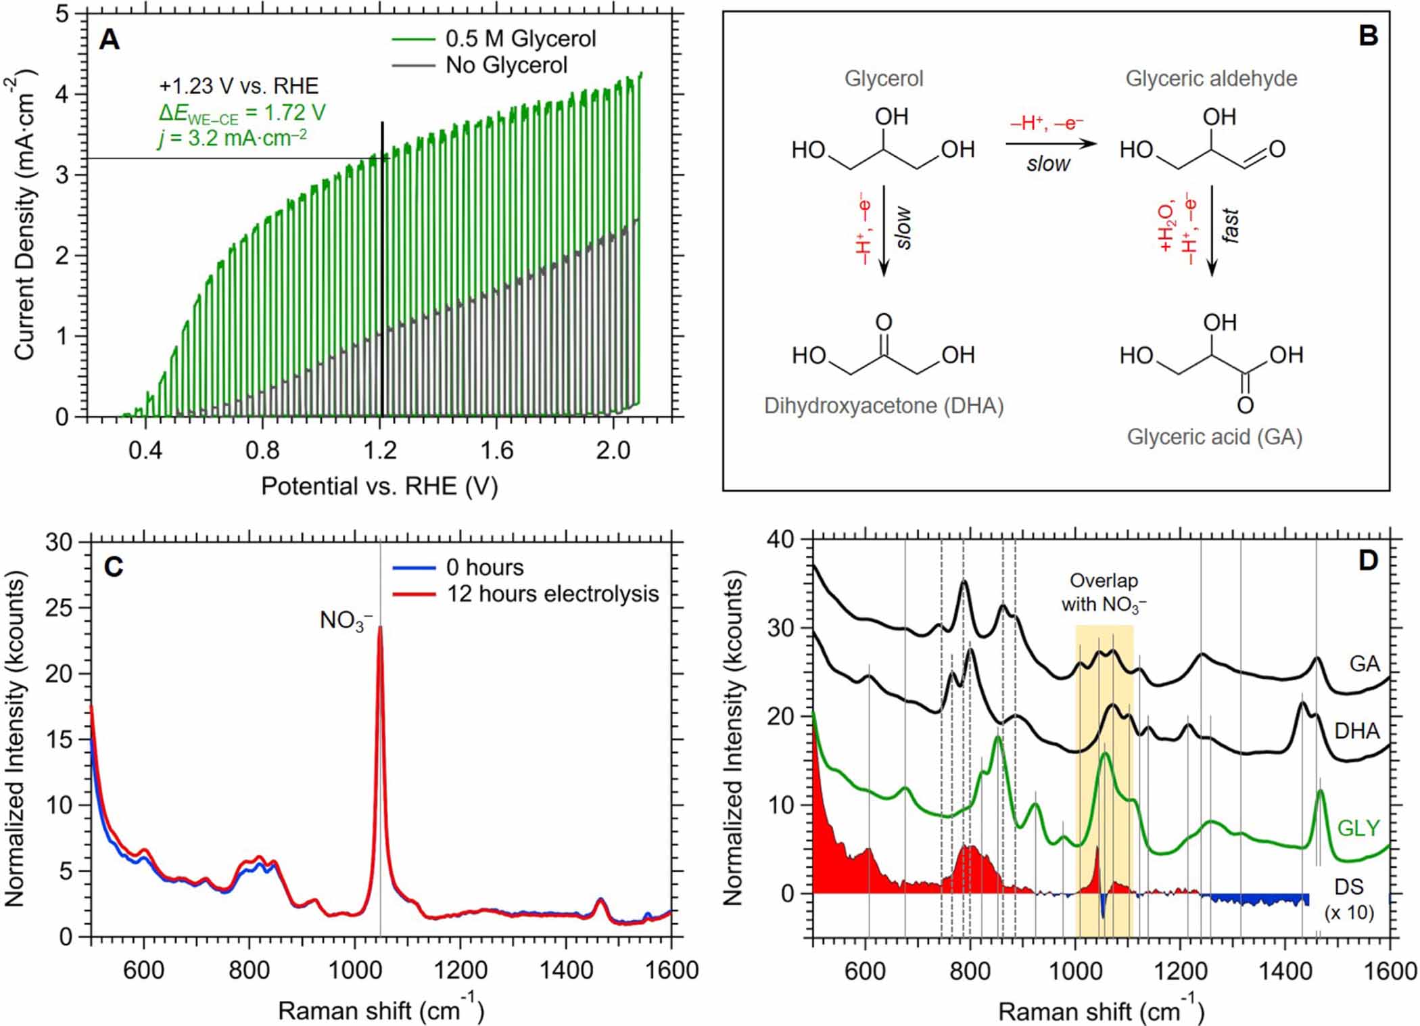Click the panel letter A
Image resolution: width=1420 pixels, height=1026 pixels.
109,40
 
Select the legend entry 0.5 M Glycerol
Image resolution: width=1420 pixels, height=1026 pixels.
520,39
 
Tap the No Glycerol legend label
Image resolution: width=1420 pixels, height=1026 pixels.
506,65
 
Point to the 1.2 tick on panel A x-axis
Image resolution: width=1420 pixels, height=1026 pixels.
379,450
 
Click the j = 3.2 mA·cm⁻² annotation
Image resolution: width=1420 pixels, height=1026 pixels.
232,138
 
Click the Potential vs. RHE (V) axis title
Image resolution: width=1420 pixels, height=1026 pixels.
379,486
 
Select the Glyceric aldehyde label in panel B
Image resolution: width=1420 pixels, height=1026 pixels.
1210,78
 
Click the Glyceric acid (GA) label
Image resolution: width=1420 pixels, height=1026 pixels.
1214,437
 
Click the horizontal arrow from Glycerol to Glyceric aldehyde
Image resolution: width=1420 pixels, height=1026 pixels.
1049,143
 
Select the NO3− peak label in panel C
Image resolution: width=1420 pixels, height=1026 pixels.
346,620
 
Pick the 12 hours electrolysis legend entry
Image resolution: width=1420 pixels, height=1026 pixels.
552,594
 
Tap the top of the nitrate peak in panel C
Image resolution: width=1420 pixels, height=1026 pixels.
380,627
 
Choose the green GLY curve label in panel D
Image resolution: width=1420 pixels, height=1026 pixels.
1358,828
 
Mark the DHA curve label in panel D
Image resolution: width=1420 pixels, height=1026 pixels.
1356,730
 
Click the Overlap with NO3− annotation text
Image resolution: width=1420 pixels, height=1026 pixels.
1104,592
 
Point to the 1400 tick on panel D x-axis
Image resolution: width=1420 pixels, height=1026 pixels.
1285,971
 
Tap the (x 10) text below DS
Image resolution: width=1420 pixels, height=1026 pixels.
1349,912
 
